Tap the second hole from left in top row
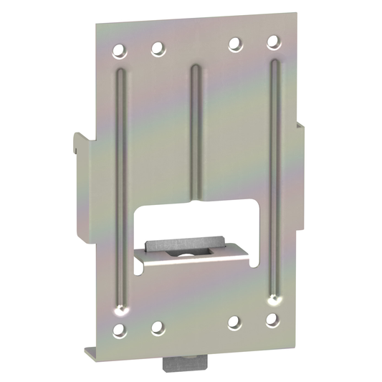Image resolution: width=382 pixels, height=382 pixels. click(x=157, y=49)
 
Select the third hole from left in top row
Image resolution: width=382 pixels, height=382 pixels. click(x=234, y=44)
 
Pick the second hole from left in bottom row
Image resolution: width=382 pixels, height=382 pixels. click(x=157, y=328)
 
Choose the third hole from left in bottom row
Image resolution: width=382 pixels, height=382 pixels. click(x=234, y=323)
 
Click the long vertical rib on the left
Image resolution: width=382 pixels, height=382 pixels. click(x=120, y=186)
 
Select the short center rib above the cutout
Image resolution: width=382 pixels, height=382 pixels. click(x=195, y=129)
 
